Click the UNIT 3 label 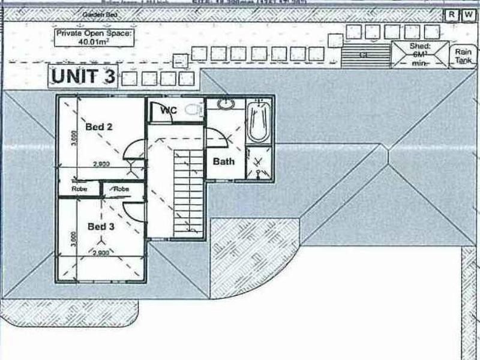point(83,77)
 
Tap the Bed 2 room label point(100,127)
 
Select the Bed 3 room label point(101,226)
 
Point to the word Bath point(224,161)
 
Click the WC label point(167,110)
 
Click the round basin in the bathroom point(226,104)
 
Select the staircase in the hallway point(188,192)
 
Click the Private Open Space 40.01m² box point(94,38)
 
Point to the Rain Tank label point(463,56)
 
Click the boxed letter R point(451,15)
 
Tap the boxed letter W point(468,15)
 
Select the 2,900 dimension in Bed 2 point(101,164)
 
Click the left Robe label point(79,188)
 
